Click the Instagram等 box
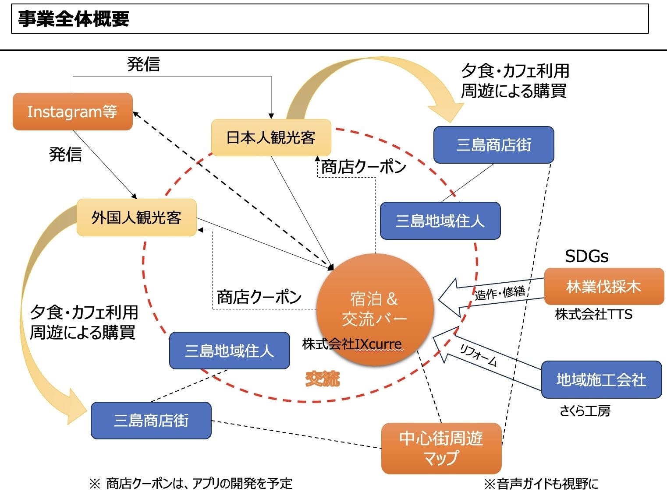click(x=72, y=112)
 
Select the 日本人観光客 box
click(x=271, y=137)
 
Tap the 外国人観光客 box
click(x=136, y=217)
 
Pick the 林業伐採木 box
click(x=603, y=287)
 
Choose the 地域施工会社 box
click(x=601, y=379)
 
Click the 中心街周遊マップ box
click(x=441, y=448)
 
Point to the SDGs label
click(x=586, y=256)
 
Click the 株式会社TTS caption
click(x=593, y=314)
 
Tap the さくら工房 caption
click(x=585, y=411)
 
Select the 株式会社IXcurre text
click(x=352, y=344)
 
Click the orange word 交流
click(x=322, y=379)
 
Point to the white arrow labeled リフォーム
click(x=482, y=355)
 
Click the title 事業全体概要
click(x=74, y=19)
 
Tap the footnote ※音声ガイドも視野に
click(x=541, y=484)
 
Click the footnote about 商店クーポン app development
click(x=191, y=484)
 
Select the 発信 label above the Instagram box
click(x=143, y=64)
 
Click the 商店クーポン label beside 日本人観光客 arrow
click(x=363, y=167)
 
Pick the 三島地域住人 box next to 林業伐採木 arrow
click(x=440, y=221)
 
